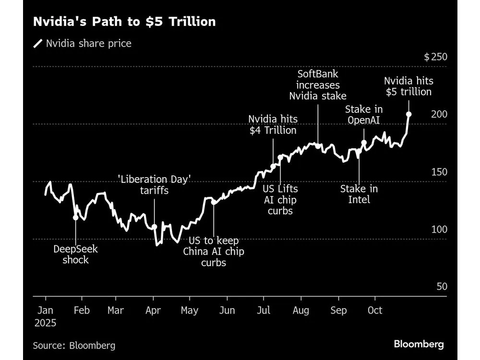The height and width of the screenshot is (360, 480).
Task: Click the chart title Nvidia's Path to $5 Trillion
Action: click(x=124, y=22)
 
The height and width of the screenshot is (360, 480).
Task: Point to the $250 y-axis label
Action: click(x=435, y=57)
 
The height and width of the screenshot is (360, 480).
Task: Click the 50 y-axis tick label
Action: click(x=442, y=287)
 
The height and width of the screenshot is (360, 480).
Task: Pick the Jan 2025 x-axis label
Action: click(x=45, y=316)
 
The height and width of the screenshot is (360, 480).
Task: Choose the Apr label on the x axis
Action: click(x=153, y=311)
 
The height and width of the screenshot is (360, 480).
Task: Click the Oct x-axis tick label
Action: click(x=374, y=311)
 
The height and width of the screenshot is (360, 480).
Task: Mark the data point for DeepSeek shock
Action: click(x=76, y=217)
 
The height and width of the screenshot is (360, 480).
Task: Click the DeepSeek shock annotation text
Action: click(x=76, y=254)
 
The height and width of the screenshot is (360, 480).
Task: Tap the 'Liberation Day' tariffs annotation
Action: click(x=155, y=185)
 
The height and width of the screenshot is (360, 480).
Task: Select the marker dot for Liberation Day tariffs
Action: click(x=155, y=227)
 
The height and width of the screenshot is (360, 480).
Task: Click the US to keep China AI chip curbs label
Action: click(x=214, y=252)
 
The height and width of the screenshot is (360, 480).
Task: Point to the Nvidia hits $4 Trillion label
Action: click(x=273, y=124)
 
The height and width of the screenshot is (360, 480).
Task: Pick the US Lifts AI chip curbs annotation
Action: click(x=280, y=200)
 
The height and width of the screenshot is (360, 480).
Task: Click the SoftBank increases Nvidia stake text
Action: click(x=318, y=85)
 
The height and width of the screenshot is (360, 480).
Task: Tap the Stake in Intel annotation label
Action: click(x=359, y=193)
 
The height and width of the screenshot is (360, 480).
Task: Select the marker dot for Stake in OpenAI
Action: click(x=364, y=143)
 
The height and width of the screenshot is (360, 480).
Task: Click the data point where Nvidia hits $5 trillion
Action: click(x=409, y=114)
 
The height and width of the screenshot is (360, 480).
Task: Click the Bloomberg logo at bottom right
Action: click(x=419, y=344)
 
